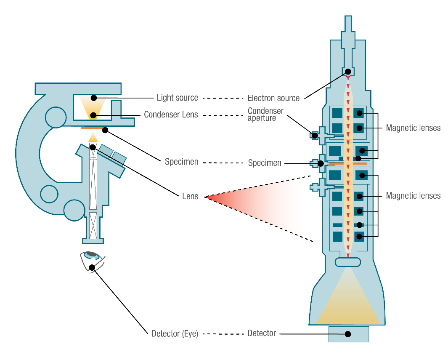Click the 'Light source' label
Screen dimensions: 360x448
[x=177, y=98]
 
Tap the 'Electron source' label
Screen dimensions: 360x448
[x=273, y=98]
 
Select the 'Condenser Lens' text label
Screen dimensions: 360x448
[x=171, y=115]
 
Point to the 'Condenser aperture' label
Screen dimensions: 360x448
[x=265, y=115]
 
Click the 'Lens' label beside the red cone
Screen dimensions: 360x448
[x=190, y=197]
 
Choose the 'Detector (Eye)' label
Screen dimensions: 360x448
[x=175, y=334]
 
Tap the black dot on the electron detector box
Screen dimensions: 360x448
[x=348, y=334]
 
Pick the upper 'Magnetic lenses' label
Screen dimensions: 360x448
[x=413, y=128]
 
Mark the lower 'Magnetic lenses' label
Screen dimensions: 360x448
[x=413, y=195]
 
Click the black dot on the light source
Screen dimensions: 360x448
[x=94, y=98]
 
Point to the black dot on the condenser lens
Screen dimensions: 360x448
[x=93, y=115]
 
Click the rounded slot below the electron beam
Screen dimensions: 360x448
[x=348, y=262]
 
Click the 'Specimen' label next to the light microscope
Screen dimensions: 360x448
[x=181, y=162]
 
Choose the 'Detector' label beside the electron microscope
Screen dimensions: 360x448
[x=262, y=333]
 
